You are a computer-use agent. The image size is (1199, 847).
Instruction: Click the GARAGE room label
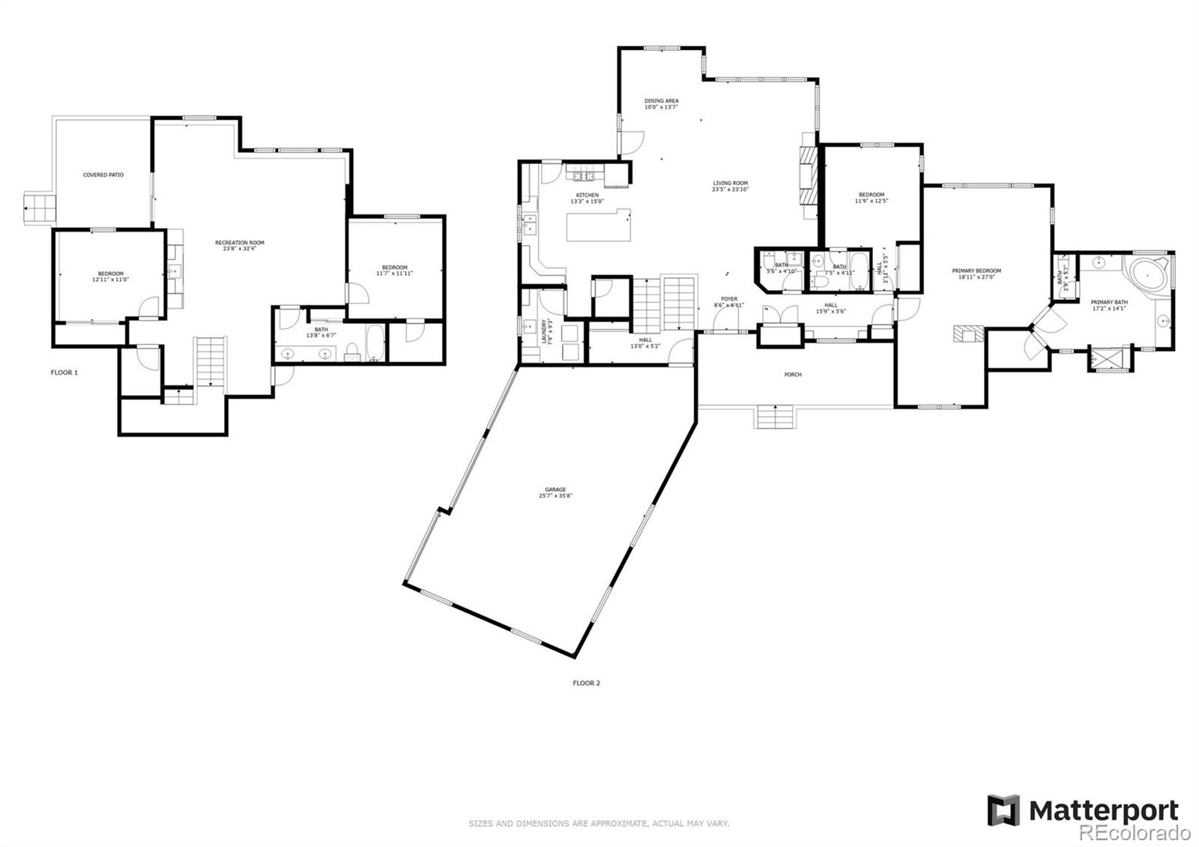555,489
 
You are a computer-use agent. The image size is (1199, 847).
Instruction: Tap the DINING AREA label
661,100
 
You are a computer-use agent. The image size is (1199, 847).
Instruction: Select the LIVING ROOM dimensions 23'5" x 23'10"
730,190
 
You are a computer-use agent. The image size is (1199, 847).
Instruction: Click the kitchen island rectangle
597,226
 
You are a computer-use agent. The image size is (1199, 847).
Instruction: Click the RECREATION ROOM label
239,243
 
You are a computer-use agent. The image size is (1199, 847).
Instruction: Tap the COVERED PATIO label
103,175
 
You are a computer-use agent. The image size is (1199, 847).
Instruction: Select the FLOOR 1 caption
64,373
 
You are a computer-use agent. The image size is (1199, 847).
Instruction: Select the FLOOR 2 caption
586,683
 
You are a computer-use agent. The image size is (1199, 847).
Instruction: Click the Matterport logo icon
1003,810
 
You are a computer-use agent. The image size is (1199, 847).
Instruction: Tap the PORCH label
792,375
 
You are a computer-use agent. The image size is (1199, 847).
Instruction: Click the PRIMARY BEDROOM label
976,271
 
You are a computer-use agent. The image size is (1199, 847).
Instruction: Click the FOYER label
729,299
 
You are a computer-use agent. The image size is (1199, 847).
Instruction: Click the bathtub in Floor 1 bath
375,343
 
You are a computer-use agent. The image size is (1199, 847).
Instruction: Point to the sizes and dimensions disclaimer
599,823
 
